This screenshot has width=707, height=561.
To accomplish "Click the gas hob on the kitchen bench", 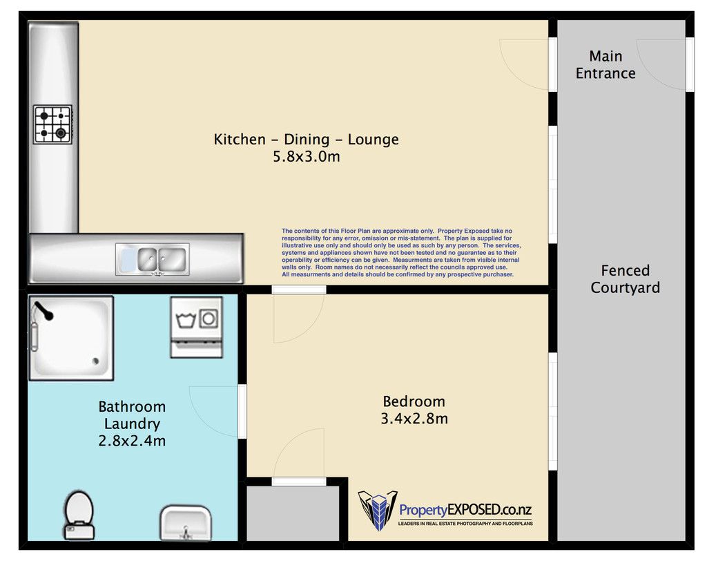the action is (52, 125).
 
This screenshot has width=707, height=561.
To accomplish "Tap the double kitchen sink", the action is (153, 260).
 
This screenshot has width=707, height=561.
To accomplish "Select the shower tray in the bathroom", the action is (71, 338).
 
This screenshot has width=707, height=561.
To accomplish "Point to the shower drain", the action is (95, 361).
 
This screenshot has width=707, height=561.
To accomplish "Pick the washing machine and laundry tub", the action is (197, 327).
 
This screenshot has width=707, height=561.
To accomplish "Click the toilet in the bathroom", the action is (79, 515).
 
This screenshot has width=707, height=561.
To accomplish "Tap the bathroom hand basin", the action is (185, 522).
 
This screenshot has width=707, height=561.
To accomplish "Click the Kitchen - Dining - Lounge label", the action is (306, 140).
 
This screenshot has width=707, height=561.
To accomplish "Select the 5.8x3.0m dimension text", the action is (307, 157).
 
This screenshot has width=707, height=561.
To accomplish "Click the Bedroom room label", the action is (414, 401).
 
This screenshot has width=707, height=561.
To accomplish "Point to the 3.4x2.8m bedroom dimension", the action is (414, 419).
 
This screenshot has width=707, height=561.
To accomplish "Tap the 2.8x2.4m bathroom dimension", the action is (132, 441).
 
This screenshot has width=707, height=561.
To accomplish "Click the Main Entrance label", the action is (606, 64).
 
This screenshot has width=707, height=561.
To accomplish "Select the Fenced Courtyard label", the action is (626, 279).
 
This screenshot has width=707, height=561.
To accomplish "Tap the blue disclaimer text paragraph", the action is (401, 253).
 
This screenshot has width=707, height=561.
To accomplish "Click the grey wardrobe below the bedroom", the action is (293, 513).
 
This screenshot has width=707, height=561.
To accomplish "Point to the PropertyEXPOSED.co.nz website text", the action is (465, 510).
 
